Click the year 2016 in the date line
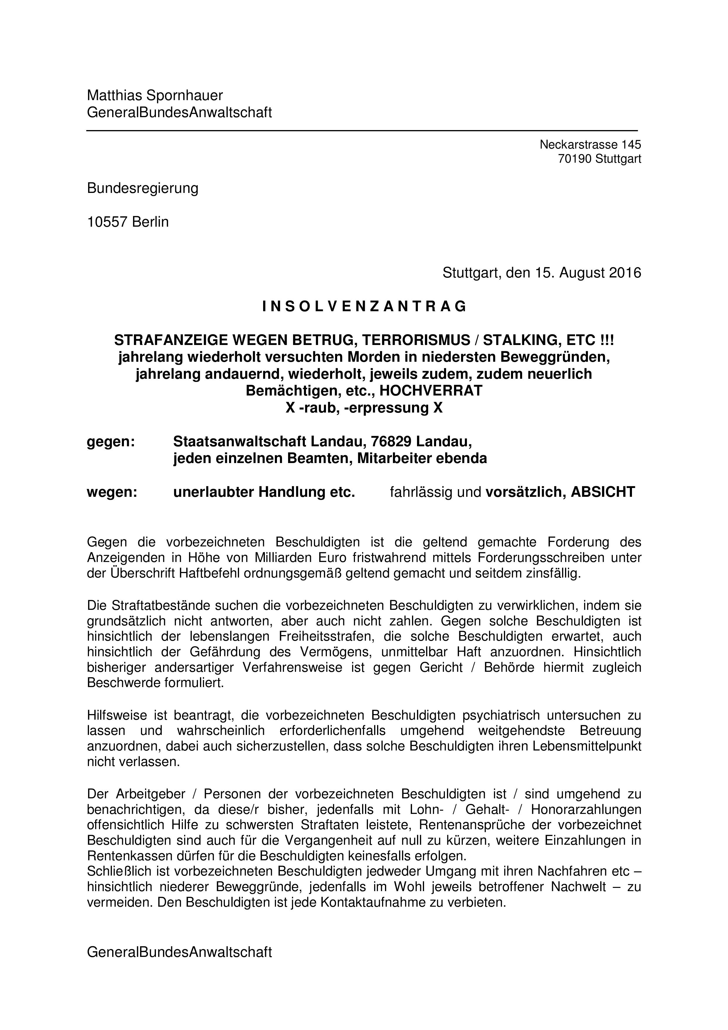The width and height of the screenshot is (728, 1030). tap(625, 273)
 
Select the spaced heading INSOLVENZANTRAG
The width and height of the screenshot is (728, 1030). tap(364, 307)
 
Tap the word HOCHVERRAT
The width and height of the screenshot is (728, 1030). tap(431, 391)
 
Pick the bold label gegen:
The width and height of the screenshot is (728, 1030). tap(111, 442)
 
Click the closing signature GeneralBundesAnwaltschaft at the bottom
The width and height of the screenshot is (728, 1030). tap(179, 953)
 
